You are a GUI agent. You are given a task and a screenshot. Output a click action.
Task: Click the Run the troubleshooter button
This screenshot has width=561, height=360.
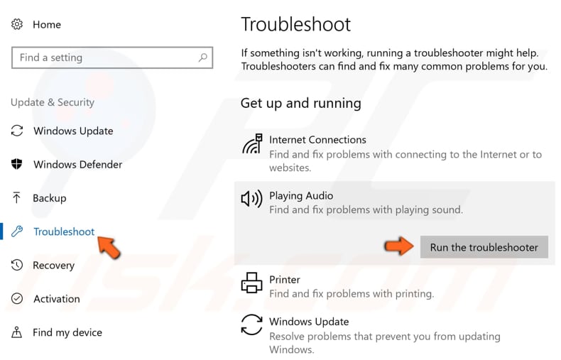[x=484, y=247]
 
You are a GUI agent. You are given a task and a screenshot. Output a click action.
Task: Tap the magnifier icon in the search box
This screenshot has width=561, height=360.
[x=202, y=58]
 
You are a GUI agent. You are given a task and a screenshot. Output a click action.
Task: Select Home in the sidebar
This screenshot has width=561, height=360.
[x=47, y=24]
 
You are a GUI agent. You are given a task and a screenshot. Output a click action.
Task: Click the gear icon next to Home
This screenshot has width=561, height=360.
[x=17, y=24]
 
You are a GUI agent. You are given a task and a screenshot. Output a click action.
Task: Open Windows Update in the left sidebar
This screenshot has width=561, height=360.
[x=73, y=131]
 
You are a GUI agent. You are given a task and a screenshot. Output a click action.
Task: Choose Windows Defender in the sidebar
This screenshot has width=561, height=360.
[x=77, y=164]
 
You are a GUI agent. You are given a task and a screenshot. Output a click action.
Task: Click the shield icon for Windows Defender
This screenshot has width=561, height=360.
[x=17, y=164]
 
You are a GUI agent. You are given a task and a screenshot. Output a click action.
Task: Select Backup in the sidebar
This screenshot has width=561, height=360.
[x=49, y=198]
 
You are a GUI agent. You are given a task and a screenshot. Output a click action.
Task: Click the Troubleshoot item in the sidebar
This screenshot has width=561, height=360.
[x=64, y=231]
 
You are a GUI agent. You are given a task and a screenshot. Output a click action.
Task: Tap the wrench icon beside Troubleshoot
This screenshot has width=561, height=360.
[x=17, y=231]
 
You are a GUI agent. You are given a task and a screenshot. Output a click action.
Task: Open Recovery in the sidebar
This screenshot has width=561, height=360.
[x=53, y=265]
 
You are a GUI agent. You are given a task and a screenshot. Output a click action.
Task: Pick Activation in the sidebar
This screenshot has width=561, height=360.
[x=57, y=299]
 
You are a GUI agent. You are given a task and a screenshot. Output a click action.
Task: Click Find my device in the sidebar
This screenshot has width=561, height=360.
[x=67, y=332]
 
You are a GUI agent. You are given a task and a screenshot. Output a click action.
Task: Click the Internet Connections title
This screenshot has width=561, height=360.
[x=317, y=140]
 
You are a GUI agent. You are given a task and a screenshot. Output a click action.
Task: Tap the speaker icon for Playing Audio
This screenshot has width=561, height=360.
[x=251, y=199]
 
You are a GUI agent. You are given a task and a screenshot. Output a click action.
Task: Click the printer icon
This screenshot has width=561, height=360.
[x=251, y=283]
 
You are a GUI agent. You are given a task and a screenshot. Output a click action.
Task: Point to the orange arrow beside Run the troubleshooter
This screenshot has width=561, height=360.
[x=399, y=246]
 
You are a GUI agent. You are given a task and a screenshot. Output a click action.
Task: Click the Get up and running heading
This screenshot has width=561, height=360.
[x=300, y=103]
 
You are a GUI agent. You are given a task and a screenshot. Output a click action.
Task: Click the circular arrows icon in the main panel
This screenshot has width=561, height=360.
[x=251, y=324]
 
